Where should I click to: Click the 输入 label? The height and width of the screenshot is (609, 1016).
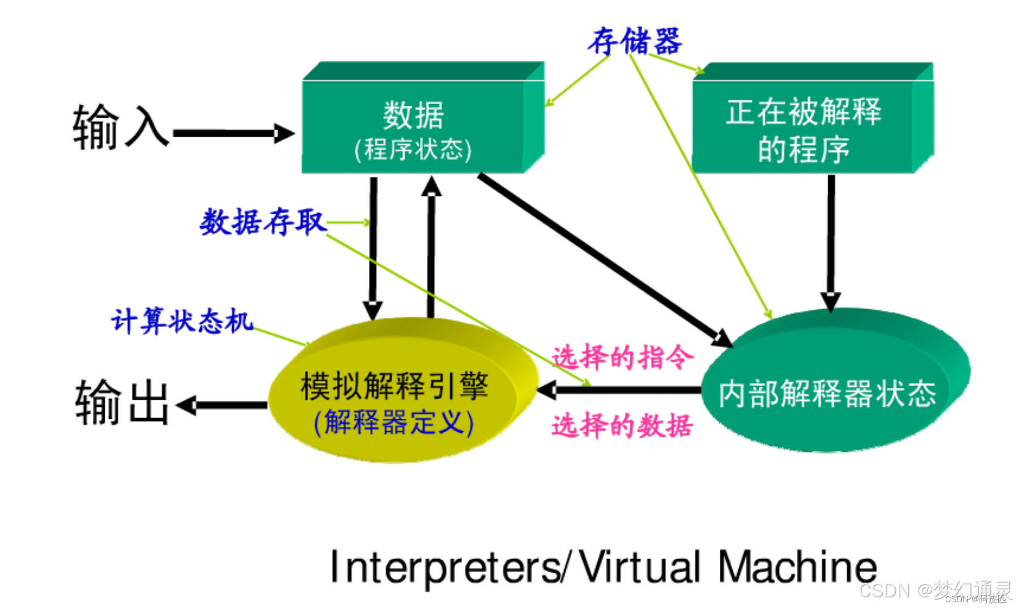point(121,127)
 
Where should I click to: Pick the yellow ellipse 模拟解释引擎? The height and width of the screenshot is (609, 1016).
point(394,394)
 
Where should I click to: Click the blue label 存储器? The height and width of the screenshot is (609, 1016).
point(634,41)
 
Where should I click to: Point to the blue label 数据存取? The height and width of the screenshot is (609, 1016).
point(263,222)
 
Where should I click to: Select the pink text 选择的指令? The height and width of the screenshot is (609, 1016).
point(622,357)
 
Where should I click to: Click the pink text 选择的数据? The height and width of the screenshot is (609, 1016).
point(622,425)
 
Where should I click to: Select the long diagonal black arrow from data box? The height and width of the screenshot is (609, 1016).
point(603,259)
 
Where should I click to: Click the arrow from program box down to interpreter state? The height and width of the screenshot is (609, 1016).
point(831,240)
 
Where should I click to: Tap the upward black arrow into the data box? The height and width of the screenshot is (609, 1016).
point(431,246)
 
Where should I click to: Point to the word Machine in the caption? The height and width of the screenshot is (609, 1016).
point(797,567)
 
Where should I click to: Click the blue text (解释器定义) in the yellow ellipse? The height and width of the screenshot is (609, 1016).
point(394,423)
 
